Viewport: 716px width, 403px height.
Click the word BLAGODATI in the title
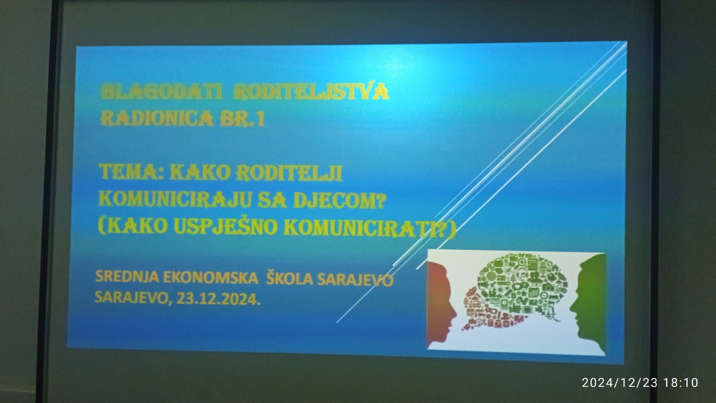coord(162,92)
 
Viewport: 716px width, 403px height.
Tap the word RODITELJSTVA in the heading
coord(311,91)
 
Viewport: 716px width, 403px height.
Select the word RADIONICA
coord(157,118)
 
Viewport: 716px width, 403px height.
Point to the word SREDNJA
coord(127,276)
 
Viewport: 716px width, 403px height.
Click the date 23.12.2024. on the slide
coord(218,299)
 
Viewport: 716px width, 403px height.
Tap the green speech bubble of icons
coord(524,285)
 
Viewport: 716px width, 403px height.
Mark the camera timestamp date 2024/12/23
coord(620,382)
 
